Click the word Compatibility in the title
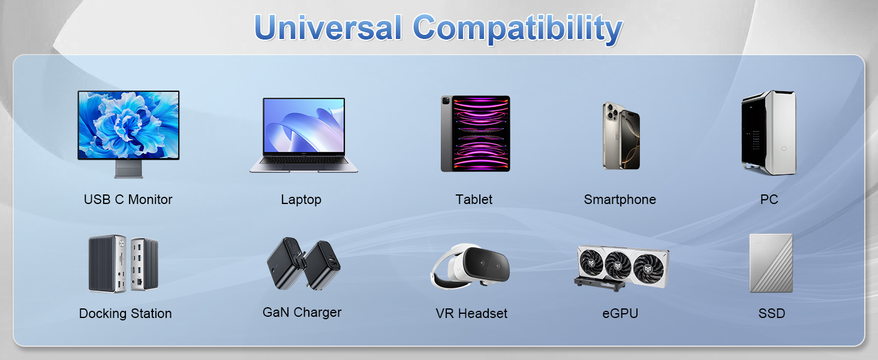[x=518, y=28]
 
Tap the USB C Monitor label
[x=128, y=199]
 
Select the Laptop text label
[x=301, y=199]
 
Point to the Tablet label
[x=474, y=199]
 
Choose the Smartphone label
[x=620, y=199]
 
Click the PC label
[x=769, y=199]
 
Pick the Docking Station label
[x=125, y=313]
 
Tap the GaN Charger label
[x=302, y=312]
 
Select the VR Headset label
[x=471, y=313]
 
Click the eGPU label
[x=620, y=313]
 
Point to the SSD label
[x=771, y=313]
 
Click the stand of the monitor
[x=128, y=169]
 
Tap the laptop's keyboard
[x=303, y=161]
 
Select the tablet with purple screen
[x=475, y=134]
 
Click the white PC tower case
[x=768, y=133]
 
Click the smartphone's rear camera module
[x=611, y=111]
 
